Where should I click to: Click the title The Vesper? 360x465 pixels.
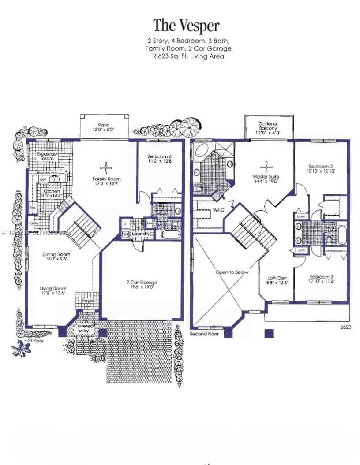coord(186,26)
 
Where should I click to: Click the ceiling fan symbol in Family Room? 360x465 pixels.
coord(106,167)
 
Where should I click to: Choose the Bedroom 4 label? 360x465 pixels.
coord(159,159)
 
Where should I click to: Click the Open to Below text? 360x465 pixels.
coord(232,272)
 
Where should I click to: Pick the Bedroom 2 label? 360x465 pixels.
coord(321,168)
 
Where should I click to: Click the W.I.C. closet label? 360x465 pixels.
coord(219,210)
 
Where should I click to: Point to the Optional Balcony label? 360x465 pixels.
coord(268,127)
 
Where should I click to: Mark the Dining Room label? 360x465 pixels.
coord(56,257)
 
